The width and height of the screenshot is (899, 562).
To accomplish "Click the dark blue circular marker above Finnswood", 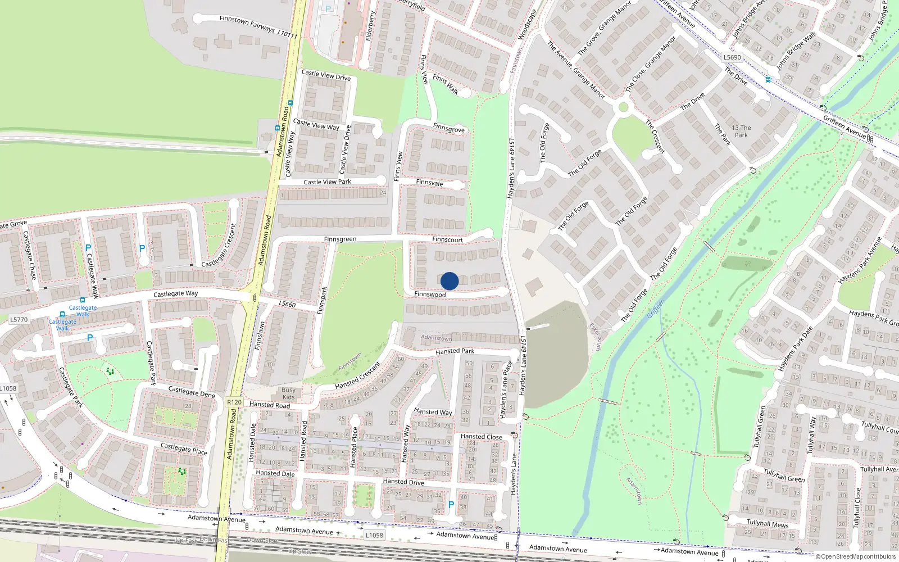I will tap(449, 281).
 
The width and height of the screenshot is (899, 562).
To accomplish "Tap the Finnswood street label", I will tap(430, 294).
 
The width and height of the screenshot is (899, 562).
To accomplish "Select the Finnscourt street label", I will tap(447, 240).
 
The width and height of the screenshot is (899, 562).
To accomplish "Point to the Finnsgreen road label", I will tap(340, 239).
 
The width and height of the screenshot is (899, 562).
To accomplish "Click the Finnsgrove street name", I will tap(449, 129).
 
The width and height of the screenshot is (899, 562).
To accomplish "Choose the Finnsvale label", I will tap(430, 183).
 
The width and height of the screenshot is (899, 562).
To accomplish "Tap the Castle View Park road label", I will tap(327, 182).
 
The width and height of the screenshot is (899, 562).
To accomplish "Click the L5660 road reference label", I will tap(287, 304).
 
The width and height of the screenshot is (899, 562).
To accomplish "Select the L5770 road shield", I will tap(19, 320).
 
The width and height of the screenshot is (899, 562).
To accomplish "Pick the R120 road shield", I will tap(234, 402).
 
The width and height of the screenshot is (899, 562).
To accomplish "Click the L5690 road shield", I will tap(732, 57).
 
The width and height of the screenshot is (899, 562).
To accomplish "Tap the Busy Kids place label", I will tap(288, 393).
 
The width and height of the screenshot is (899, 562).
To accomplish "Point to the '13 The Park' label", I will tap(741, 132).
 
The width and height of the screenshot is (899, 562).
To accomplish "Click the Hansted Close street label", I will tap(481, 437).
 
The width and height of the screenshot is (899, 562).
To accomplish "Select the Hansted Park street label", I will tap(455, 351).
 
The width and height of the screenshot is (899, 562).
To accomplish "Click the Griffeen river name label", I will tap(656, 309).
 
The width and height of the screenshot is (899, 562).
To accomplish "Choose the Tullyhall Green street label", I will tap(784, 475).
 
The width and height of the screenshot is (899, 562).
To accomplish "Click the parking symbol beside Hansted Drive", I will tap(451, 505).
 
